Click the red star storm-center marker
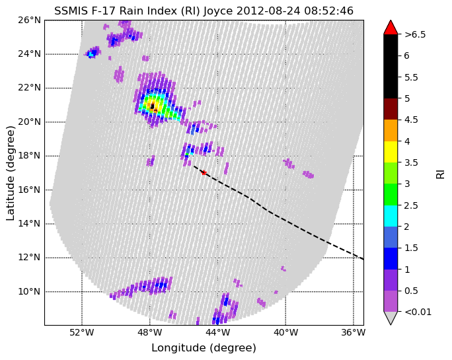pyautogui.click(x=204, y=172)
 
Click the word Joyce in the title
pyautogui.click(x=218, y=11)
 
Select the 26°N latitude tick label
pyautogui.click(x=29, y=20)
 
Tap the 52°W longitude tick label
pyautogui.click(x=82, y=333)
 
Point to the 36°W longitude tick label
pyautogui.click(x=354, y=333)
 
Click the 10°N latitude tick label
pyautogui.click(x=29, y=291)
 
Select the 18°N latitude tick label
pyautogui.click(x=29, y=156)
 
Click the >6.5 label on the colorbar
pyautogui.click(x=415, y=34)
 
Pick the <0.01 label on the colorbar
pyautogui.click(x=418, y=312)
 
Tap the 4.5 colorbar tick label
pyautogui.click(x=411, y=120)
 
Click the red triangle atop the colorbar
pyautogui.click(x=391, y=28)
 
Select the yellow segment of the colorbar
pyautogui.click(x=391, y=152)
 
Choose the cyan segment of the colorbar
pyautogui.click(x=391, y=216)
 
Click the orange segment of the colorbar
pyautogui.click(x=391, y=131)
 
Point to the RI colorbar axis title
pyautogui.click(x=441, y=174)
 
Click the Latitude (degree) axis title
pyautogui.click(x=11, y=173)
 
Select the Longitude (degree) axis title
pyautogui.click(x=204, y=348)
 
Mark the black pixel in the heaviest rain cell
pyautogui.click(x=153, y=106)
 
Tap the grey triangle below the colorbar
pyautogui.click(x=391, y=317)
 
